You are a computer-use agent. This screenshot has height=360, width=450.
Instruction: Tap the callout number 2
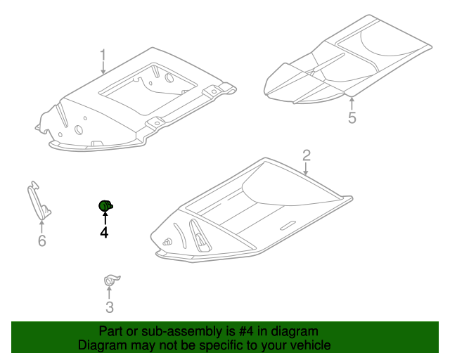pos(307,155)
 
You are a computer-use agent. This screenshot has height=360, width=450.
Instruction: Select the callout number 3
pos(110,307)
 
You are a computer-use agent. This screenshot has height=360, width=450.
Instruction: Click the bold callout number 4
pos(104,232)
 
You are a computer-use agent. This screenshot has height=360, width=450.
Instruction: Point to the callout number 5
pos(352,117)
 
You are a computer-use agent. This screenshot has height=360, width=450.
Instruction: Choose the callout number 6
pos(42,240)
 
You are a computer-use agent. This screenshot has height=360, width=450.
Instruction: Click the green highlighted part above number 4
pos(105,206)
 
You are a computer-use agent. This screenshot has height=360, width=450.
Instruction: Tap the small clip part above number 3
pos(110,280)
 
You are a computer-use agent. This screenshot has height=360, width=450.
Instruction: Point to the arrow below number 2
pos(306,169)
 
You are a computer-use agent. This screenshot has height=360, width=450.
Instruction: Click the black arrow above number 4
pos(105,217)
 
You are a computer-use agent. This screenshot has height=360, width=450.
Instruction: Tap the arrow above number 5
pos(352,104)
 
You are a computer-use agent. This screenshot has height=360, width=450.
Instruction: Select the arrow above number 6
pos(42,226)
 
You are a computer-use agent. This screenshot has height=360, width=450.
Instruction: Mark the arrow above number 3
pos(109,292)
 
